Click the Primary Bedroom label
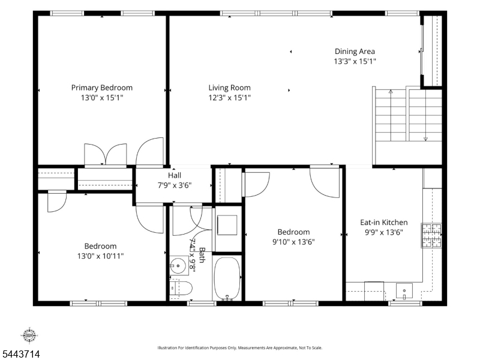tap(102, 88)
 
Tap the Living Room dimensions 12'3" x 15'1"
tap(230, 98)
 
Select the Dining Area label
tap(355, 52)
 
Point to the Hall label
tap(175, 175)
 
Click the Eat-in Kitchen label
tap(384, 222)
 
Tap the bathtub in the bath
tap(227, 278)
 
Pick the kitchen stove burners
tap(431, 235)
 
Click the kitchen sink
tap(404, 291)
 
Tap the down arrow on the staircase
tap(425, 115)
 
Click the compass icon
tap(29, 335)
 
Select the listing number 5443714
tap(20, 354)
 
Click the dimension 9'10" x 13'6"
tap(293, 242)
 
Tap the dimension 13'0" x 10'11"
tap(100, 256)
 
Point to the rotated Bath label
tap(202, 254)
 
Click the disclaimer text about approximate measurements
tap(239, 348)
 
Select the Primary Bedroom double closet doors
tap(106, 154)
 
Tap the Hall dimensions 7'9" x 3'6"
tap(175, 185)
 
